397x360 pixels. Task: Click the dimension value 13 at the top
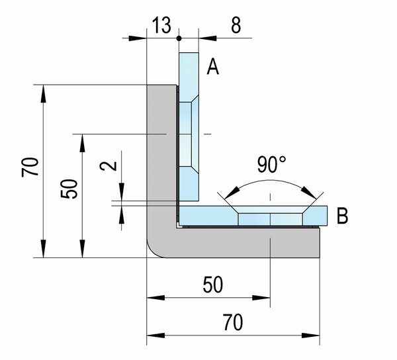pyautogui.click(x=161, y=25)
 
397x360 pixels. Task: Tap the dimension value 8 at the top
pyautogui.click(x=236, y=25)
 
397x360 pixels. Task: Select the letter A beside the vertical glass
pyautogui.click(x=212, y=66)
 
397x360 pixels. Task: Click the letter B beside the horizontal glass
pyautogui.click(x=342, y=216)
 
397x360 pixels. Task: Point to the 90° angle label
pyautogui.click(x=271, y=165)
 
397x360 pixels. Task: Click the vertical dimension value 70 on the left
pyautogui.click(x=30, y=167)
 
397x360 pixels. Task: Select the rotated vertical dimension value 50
pyautogui.click(x=69, y=189)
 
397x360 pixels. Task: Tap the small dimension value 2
pyautogui.click(x=109, y=166)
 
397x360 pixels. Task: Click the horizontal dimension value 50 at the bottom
pyautogui.click(x=213, y=285)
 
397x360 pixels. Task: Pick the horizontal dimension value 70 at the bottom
pyautogui.click(x=233, y=322)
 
